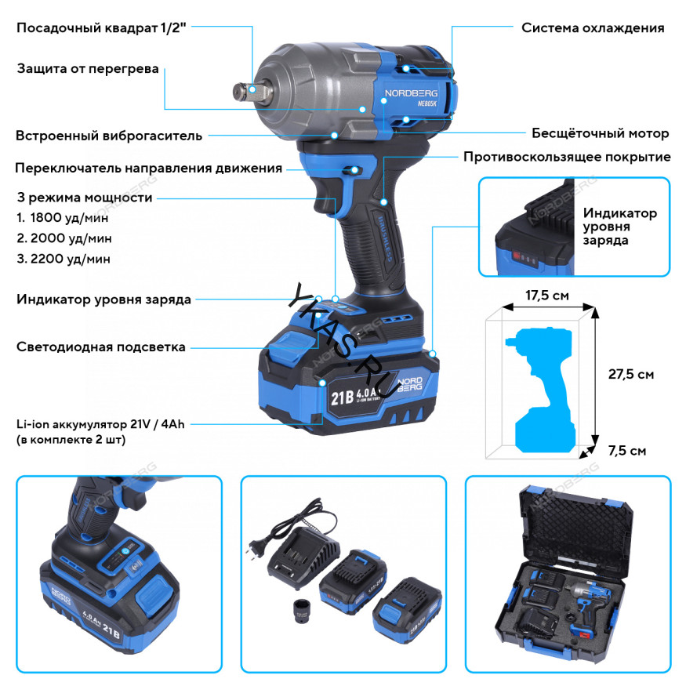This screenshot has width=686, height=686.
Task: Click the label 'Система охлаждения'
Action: tap(593, 27)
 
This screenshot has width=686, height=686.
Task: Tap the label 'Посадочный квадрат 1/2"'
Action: tap(103, 27)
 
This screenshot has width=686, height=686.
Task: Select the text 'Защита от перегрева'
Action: tap(88, 68)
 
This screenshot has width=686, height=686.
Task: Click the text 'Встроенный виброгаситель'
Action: tap(109, 136)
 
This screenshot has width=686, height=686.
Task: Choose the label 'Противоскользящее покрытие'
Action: tap(567, 157)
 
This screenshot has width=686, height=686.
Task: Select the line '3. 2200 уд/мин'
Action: tap(64, 258)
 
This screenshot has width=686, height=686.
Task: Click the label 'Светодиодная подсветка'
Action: tap(101, 347)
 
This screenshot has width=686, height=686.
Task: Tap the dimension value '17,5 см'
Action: tap(546, 297)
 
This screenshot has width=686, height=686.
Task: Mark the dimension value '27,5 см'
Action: tap(630, 374)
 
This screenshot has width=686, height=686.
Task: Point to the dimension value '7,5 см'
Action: tap(627, 451)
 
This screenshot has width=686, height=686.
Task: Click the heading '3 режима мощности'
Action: tap(84, 198)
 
